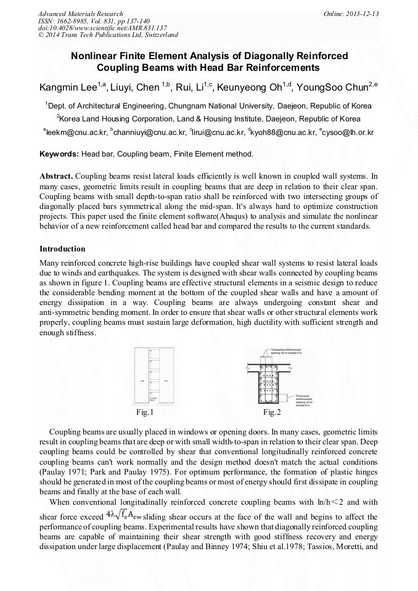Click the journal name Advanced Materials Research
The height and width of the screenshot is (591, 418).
click(80, 14)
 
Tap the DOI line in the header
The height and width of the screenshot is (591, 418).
click(102, 28)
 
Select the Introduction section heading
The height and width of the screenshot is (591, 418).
click(62, 249)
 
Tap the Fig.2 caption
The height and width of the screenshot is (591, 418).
click(272, 412)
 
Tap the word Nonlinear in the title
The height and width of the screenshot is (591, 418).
click(96, 56)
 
